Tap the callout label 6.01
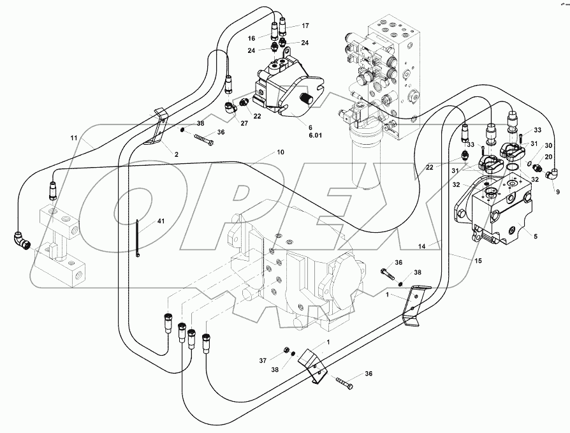point(297,135)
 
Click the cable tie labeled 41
point(137,239)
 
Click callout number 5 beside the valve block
point(535,237)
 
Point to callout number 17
point(305,26)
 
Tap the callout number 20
point(548,157)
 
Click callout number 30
point(548,145)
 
